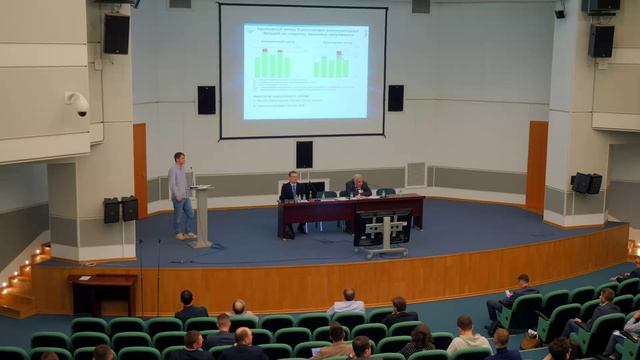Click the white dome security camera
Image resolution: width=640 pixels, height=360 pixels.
pos(78,102)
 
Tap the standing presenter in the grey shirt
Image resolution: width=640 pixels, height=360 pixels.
pos(181,195)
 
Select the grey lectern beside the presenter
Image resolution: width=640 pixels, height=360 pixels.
pos(201,214)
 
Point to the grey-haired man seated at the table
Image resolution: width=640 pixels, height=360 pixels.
pos(356,186)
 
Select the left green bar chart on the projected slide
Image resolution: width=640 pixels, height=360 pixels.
pos(272,64)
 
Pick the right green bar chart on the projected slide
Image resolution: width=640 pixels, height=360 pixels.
pos(331,66)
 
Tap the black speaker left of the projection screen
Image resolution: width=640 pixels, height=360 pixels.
pos(206,99)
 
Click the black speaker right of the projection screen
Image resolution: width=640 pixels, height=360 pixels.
pos(395,98)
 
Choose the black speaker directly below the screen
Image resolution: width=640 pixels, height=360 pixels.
pos(304,154)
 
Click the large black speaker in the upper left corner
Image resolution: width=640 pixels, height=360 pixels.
pos(116,34)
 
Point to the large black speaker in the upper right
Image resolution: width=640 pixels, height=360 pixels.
pos(600,40)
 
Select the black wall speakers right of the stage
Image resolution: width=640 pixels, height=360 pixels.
pos(586,183)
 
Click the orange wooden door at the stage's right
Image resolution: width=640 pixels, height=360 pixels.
pos(536,167)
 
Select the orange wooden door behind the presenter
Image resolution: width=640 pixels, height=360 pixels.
pos(140,169)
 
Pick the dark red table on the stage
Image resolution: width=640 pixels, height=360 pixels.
pos(350,209)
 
